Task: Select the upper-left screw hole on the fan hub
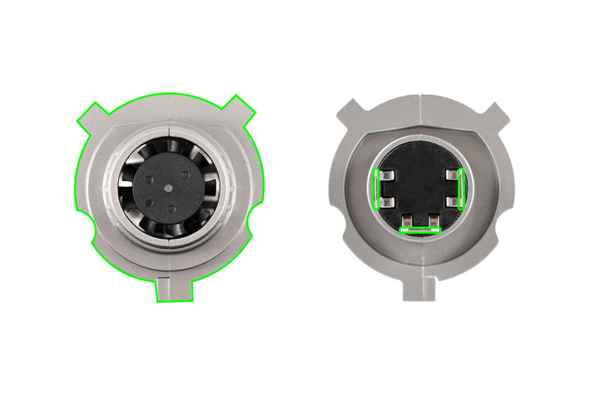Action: coord(150,179)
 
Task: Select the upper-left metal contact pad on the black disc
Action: coord(386,176)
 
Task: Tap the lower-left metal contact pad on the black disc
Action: coord(386,200)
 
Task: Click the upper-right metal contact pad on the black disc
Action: coord(451,176)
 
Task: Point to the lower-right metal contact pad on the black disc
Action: coord(451,200)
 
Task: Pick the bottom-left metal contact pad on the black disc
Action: coord(407,220)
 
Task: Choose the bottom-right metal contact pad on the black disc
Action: coord(431,220)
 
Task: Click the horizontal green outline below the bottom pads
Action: coord(419,230)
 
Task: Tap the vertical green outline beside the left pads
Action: coord(377,188)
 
